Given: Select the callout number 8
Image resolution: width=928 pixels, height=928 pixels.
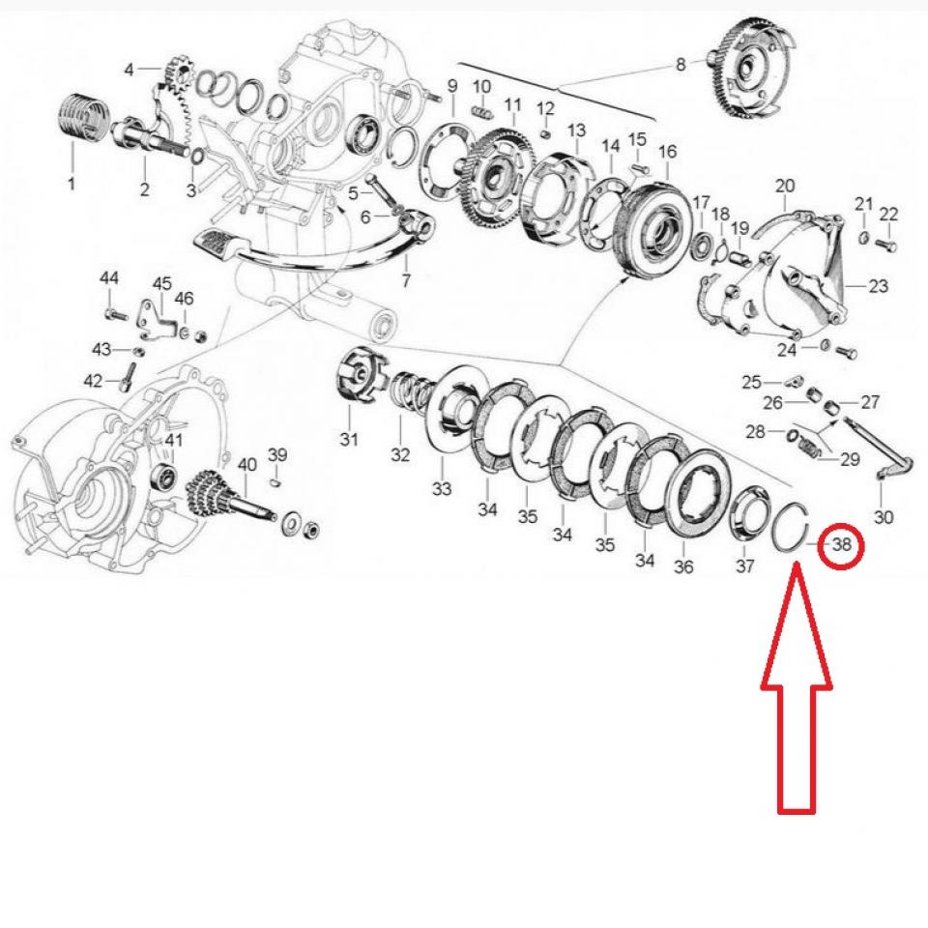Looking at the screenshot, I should click(x=681, y=65).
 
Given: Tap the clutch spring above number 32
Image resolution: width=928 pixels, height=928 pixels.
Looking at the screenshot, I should click(x=411, y=391).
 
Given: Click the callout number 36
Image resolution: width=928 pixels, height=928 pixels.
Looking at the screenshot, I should click(x=683, y=566).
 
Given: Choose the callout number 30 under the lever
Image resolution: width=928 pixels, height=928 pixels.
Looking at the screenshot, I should click(x=884, y=516).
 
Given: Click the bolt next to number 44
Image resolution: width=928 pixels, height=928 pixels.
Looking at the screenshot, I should click(x=114, y=313).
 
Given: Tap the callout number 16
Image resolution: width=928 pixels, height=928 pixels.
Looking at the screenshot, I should click(x=668, y=152).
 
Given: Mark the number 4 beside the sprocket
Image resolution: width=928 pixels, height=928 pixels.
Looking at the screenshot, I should click(x=130, y=69).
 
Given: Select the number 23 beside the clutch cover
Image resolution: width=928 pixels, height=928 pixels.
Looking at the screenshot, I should click(x=878, y=286).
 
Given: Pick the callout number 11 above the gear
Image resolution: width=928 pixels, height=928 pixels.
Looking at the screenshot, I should click(x=512, y=103).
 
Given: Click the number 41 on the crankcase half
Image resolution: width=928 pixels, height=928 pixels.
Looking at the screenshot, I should click(x=173, y=441).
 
